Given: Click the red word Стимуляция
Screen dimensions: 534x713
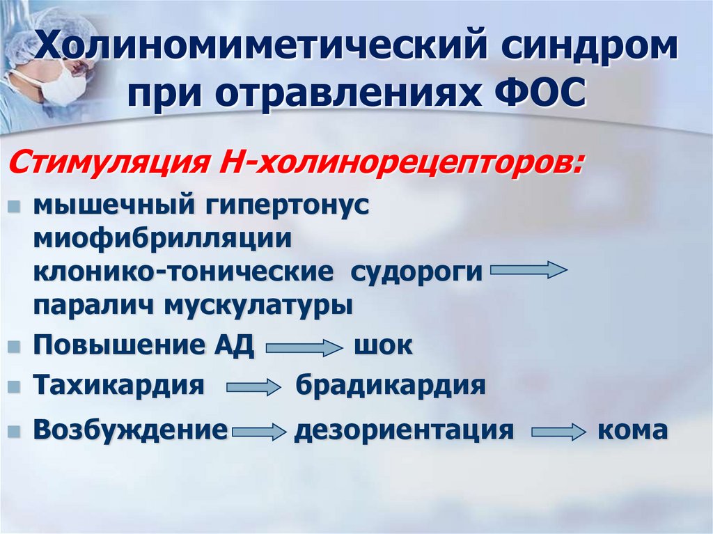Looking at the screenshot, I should [x=100, y=166].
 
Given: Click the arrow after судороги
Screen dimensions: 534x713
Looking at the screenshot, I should [x=528, y=270].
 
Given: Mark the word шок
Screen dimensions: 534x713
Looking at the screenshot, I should [x=384, y=346].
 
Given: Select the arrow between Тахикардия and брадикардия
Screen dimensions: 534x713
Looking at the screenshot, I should [x=252, y=388].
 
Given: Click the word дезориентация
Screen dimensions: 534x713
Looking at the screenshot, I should [x=404, y=430].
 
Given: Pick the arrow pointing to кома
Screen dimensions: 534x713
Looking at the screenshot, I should [x=558, y=432].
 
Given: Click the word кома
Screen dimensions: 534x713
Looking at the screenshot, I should [x=632, y=430].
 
